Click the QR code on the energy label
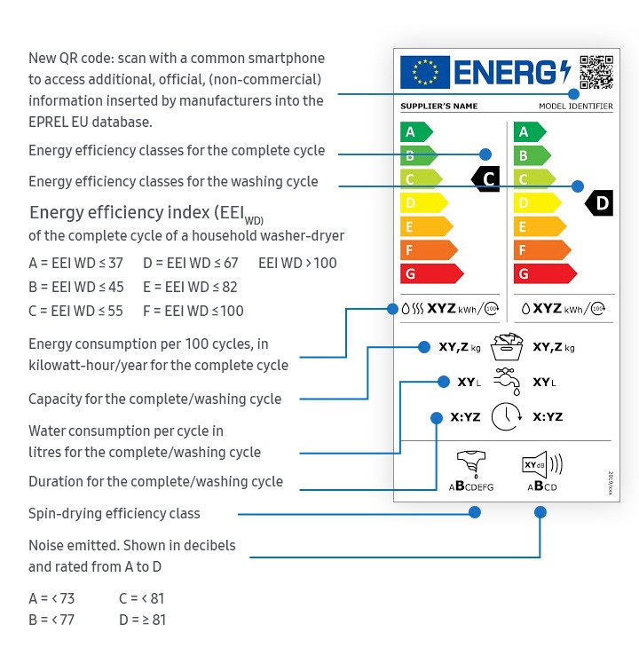click(x=596, y=72)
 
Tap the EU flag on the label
click(x=425, y=72)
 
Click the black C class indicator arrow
click(x=485, y=179)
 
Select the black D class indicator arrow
click(x=599, y=203)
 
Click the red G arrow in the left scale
click(x=431, y=273)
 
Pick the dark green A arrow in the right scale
click(x=530, y=132)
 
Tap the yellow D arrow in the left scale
click(x=424, y=203)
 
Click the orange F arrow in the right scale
click(x=542, y=250)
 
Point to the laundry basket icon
click(x=507, y=346)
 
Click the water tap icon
click(x=507, y=382)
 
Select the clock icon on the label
click(x=507, y=416)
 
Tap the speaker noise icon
click(x=542, y=464)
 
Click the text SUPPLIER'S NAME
click(x=439, y=107)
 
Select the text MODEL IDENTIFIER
click(x=576, y=107)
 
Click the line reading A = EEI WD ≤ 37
click(x=76, y=263)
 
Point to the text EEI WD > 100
click(x=297, y=263)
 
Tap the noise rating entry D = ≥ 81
click(x=143, y=620)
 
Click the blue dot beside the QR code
click(x=573, y=94)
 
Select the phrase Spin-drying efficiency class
click(x=114, y=514)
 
